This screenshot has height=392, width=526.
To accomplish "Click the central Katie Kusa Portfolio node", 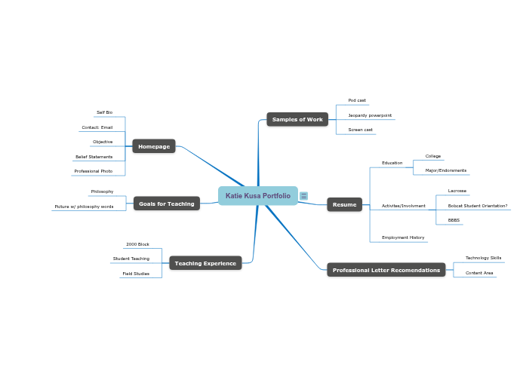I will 257,196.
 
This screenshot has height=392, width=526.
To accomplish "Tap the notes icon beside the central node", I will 303,196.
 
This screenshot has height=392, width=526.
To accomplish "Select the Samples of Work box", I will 297,119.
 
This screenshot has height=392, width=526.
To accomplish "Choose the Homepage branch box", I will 154,146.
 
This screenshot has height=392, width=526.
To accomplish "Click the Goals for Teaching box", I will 167,204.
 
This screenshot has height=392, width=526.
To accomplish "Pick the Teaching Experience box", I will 205,263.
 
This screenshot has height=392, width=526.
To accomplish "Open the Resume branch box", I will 344,204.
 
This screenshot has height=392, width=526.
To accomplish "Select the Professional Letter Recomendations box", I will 386,270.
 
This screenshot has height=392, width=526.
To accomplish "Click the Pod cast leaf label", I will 357,100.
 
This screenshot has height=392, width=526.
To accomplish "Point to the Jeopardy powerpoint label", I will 370,115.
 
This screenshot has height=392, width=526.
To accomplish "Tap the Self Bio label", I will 104,112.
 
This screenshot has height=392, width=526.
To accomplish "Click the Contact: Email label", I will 97,127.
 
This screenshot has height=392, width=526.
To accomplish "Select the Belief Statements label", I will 94,157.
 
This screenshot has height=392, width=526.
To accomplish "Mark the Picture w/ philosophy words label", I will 84,206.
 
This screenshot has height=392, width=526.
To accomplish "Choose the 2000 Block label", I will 137,244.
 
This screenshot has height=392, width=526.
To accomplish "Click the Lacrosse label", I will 457,191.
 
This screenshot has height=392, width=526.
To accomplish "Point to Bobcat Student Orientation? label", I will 477,205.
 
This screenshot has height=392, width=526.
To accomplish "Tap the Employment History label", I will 403,237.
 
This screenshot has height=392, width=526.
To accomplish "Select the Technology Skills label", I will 483,258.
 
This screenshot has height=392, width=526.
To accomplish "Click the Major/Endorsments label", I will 445,170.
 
